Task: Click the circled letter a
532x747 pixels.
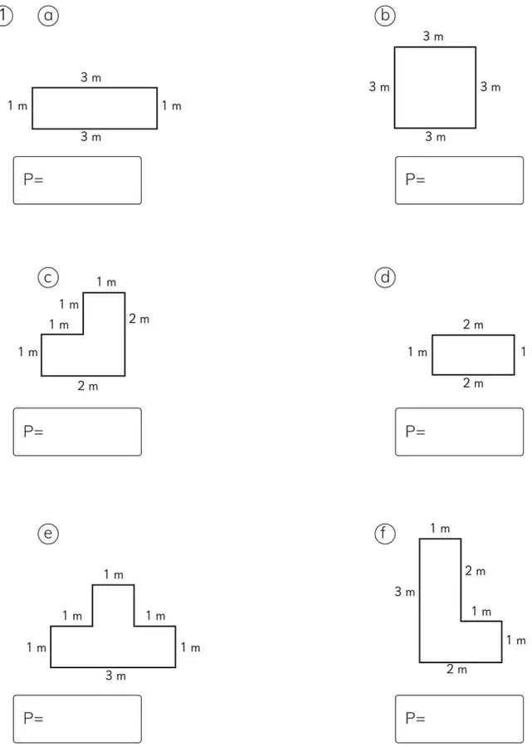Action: tap(48, 16)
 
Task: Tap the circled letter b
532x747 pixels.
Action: tap(385, 16)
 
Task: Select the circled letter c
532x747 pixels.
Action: tap(48, 277)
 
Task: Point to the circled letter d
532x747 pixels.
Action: tap(385, 277)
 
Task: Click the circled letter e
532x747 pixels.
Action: tap(48, 533)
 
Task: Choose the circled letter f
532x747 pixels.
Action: tap(385, 533)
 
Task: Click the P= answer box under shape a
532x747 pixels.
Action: tap(77, 180)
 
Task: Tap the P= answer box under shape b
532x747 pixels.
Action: tap(459, 180)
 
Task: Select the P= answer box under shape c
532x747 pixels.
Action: tap(77, 432)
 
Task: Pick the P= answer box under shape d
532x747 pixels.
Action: tap(459, 432)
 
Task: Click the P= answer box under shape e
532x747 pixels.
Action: tap(77, 719)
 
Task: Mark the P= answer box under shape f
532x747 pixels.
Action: tap(459, 719)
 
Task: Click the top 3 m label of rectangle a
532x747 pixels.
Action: tap(91, 77)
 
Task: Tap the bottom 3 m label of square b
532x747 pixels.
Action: tap(436, 137)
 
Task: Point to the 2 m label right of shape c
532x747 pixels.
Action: tap(139, 319)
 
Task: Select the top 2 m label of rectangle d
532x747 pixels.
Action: tap(473, 325)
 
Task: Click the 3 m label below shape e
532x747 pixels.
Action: tap(115, 675)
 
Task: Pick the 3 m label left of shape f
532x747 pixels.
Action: tap(404, 592)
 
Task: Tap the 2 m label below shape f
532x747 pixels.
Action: tap(456, 669)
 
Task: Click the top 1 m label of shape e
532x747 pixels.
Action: tap(114, 574)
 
